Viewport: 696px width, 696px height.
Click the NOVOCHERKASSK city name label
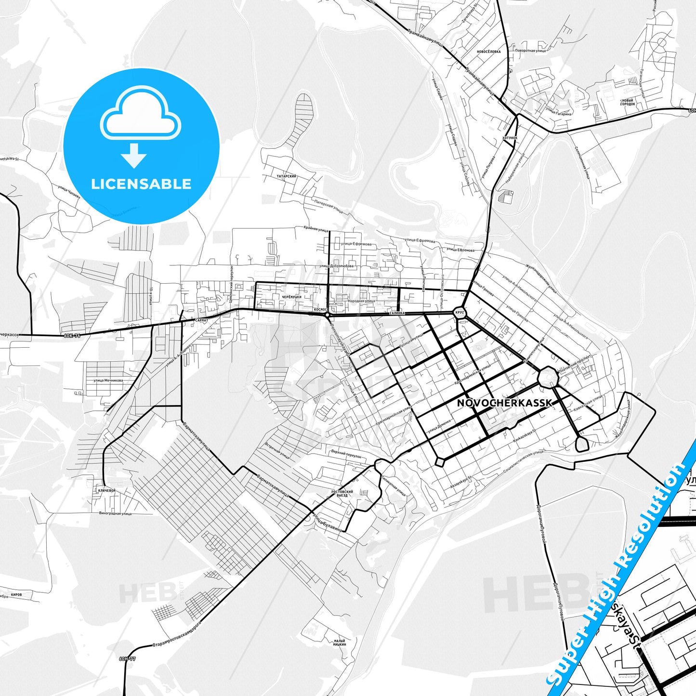504,403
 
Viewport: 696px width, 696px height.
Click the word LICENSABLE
141,184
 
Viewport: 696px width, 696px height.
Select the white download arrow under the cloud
134,156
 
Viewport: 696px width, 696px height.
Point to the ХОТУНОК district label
510,138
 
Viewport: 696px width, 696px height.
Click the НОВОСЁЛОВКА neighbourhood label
488,52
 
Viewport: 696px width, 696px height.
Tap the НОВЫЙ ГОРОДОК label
628,102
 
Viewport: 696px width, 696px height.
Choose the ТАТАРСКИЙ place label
287,177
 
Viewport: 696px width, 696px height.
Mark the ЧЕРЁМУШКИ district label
291,297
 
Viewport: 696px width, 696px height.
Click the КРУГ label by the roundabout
459,313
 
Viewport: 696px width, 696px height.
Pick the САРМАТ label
202,319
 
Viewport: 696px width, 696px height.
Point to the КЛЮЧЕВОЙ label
107,490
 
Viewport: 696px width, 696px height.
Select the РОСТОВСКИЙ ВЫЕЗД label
342,493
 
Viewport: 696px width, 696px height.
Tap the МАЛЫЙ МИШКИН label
340,642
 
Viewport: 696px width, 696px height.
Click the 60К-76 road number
72,336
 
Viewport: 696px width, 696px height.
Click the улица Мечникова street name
108,381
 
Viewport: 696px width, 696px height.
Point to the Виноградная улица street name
115,513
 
